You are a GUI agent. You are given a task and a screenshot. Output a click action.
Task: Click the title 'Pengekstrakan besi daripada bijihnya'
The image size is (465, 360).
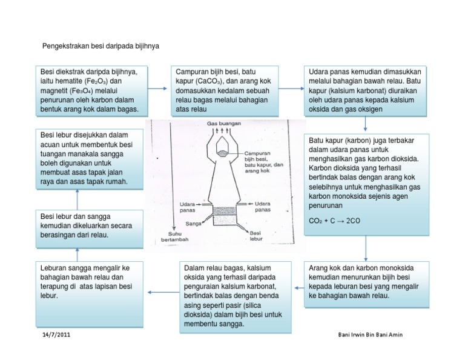click(100, 46)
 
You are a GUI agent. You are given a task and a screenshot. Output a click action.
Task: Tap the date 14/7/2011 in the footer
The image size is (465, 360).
click(56, 335)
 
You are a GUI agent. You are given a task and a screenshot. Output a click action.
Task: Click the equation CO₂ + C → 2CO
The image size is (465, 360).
click(334, 221)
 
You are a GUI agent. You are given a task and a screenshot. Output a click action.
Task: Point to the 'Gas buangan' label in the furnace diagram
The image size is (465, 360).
click(223, 123)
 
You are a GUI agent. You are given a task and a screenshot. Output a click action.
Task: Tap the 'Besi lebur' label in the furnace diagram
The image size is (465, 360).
click(256, 235)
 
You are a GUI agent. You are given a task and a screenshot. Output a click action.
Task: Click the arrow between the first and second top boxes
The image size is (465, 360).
click(157, 89)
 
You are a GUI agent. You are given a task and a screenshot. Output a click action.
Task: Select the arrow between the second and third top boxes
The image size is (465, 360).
click(293, 89)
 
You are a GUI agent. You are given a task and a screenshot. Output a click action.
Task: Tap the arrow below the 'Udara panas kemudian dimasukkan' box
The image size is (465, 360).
click(365, 124)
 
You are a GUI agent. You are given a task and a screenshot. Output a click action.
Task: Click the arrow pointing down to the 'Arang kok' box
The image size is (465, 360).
click(365, 248)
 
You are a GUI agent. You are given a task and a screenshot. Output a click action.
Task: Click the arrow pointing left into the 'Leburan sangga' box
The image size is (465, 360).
click(159, 292)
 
